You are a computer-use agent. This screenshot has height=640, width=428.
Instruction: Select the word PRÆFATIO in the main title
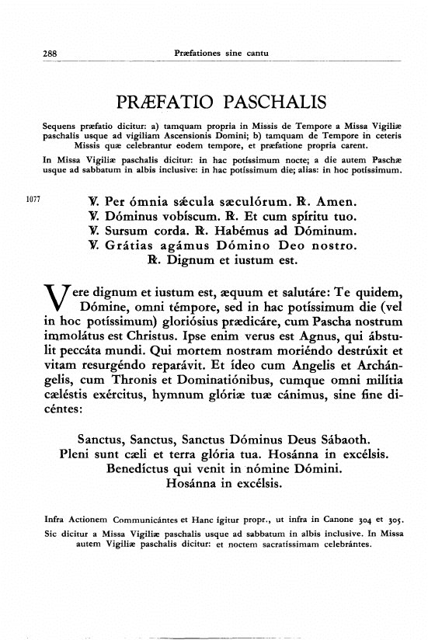[162, 103]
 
